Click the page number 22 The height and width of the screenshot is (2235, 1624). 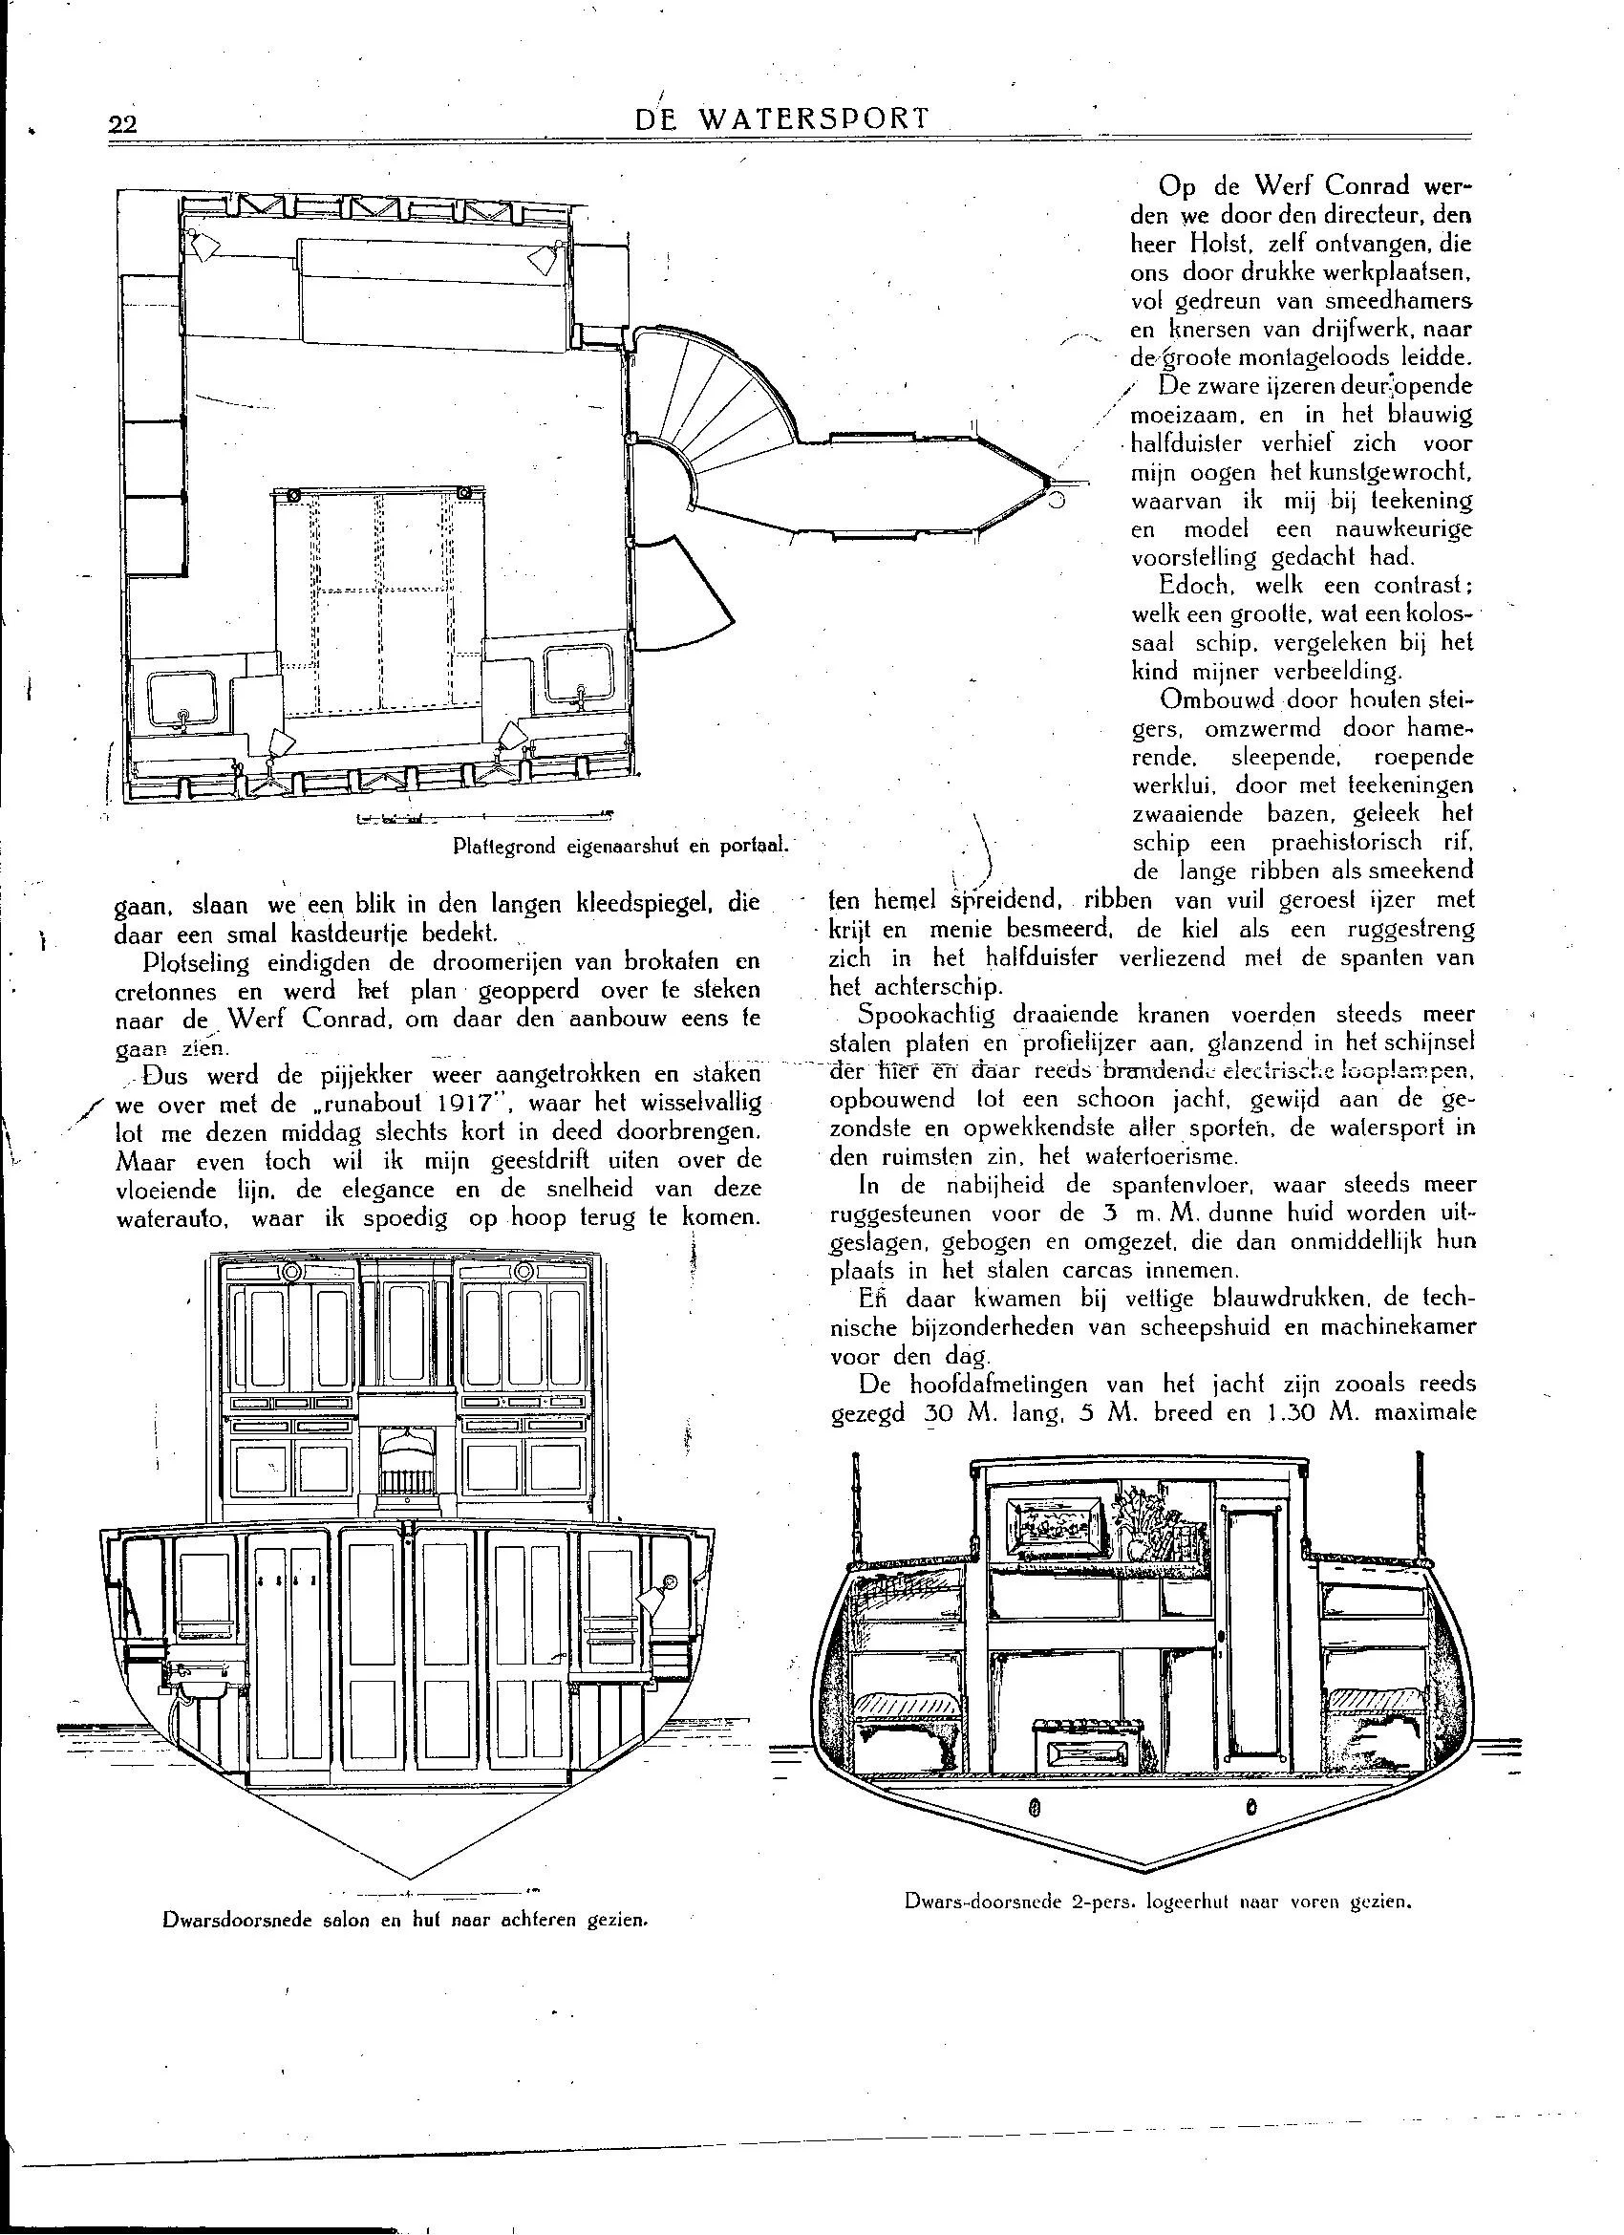123,123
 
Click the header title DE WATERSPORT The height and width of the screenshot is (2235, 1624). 782,119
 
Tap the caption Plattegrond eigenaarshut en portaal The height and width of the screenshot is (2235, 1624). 622,846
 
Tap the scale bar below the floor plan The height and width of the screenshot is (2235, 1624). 482,816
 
